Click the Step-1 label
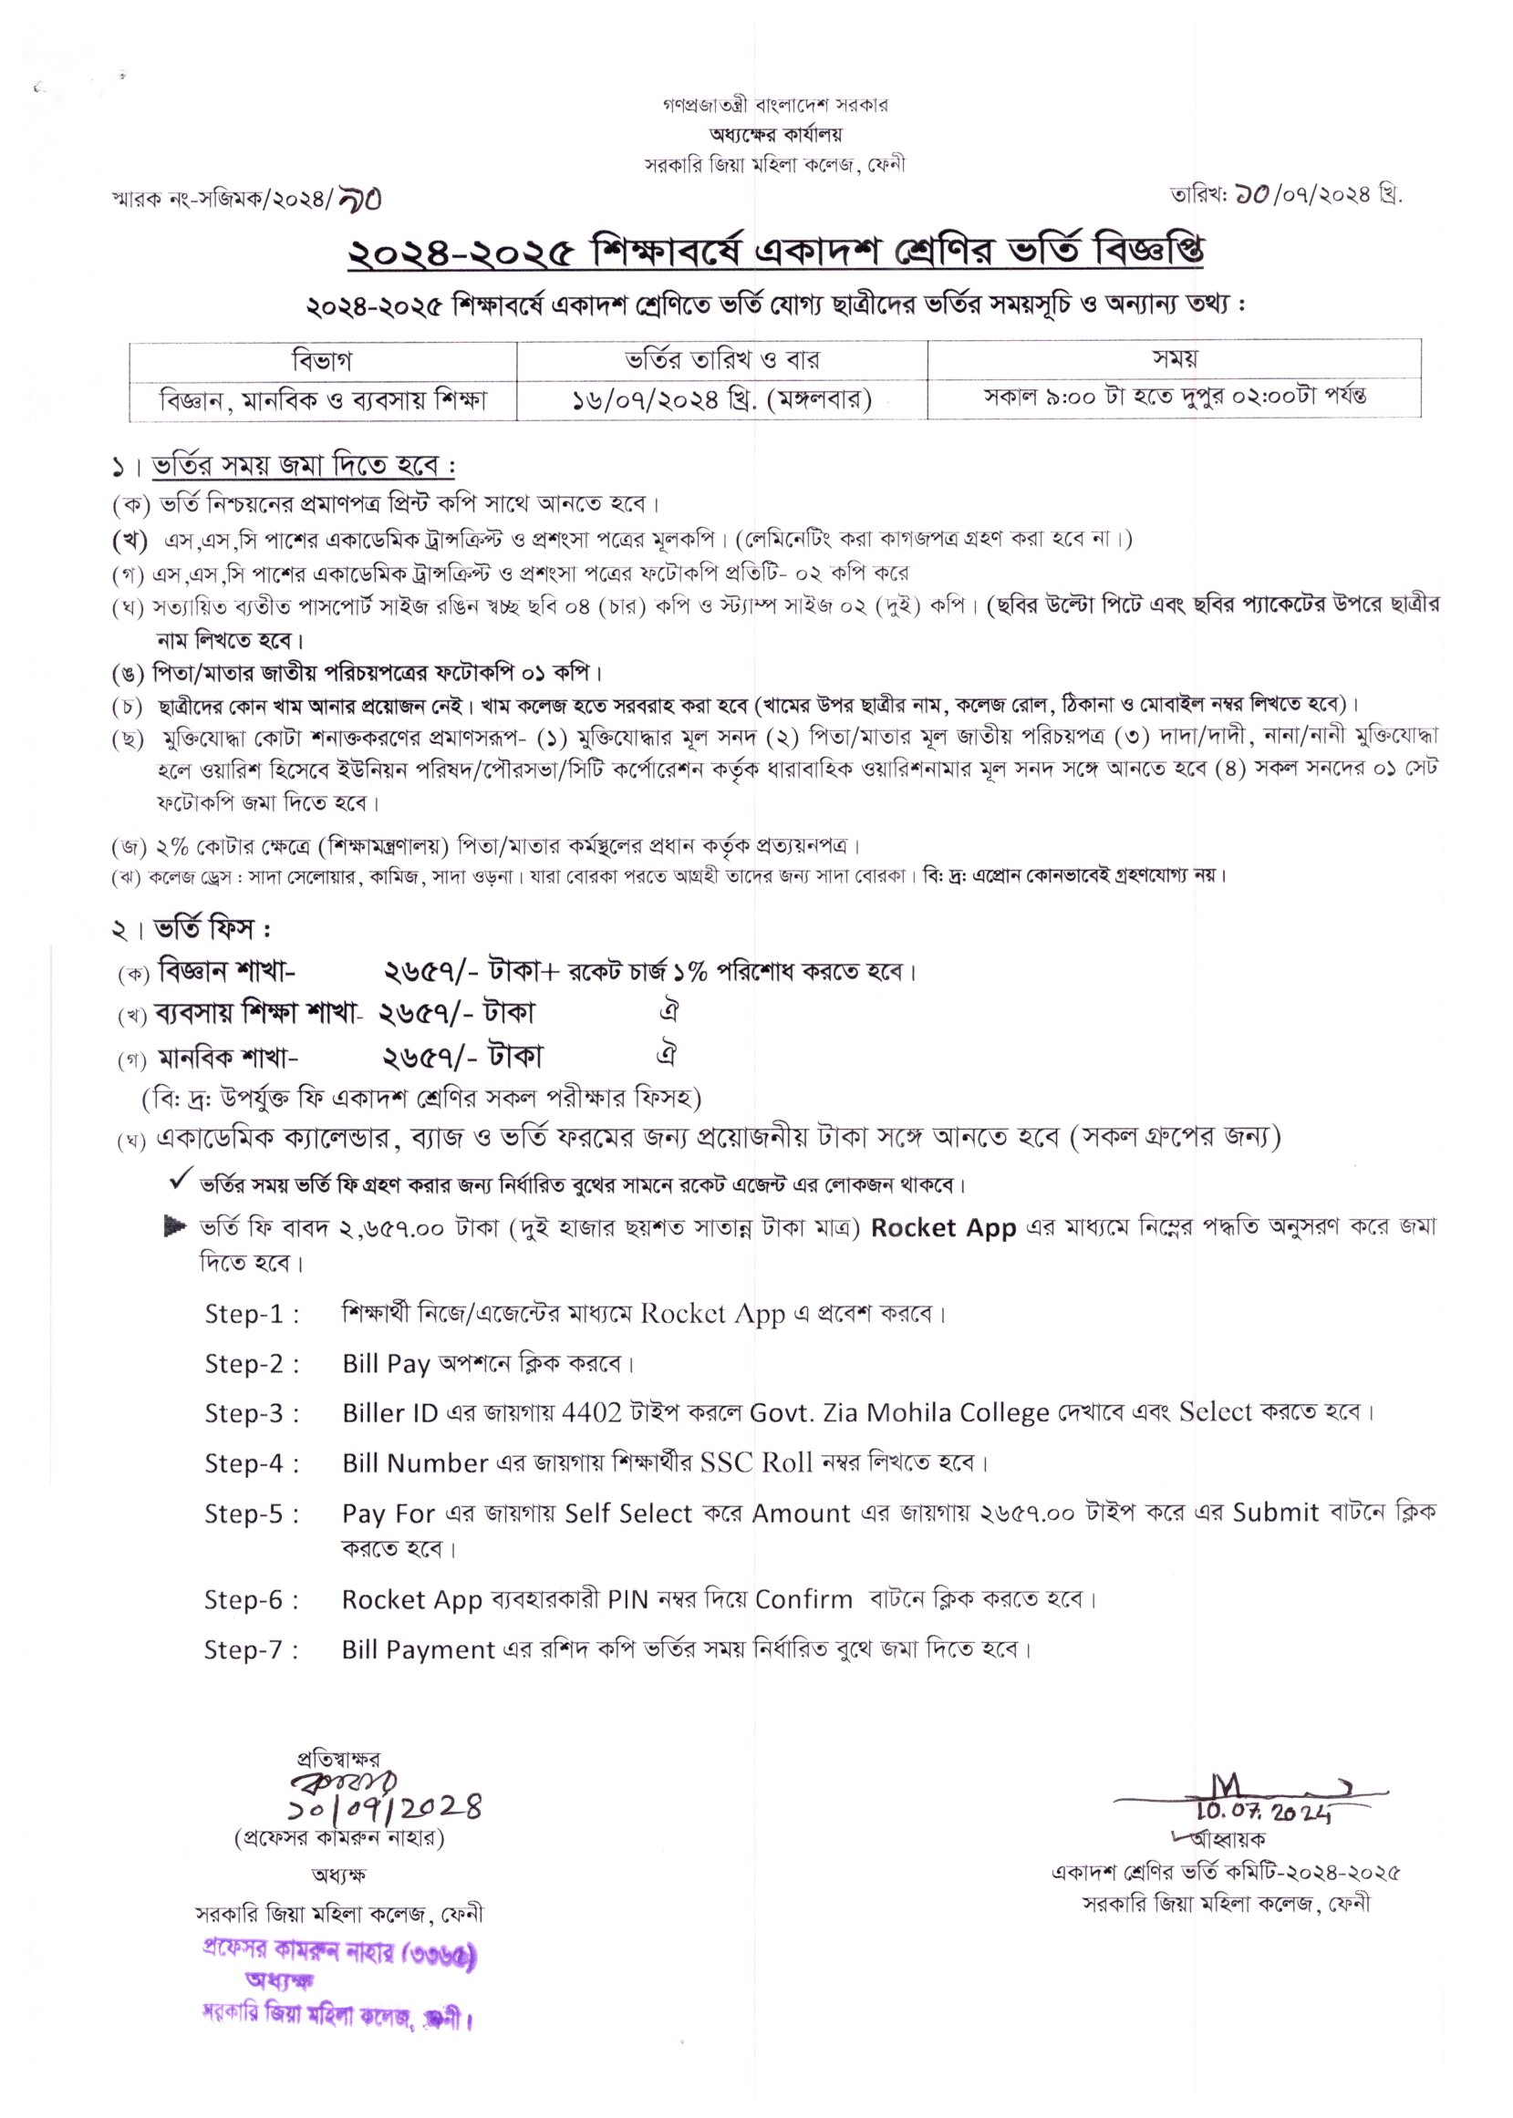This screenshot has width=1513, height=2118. click(x=252, y=1314)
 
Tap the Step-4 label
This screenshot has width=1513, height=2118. click(x=252, y=1463)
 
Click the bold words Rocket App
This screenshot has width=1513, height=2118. click(x=943, y=1227)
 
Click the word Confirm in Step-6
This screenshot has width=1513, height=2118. click(x=804, y=1599)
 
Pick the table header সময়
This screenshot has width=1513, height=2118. click(x=1174, y=358)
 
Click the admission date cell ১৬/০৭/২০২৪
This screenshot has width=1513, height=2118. click(x=722, y=399)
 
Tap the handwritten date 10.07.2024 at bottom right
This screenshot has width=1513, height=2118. click(x=1264, y=1812)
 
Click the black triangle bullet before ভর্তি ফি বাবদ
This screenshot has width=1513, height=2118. click(x=174, y=1226)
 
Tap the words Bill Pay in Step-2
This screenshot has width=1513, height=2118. click(x=386, y=1364)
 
